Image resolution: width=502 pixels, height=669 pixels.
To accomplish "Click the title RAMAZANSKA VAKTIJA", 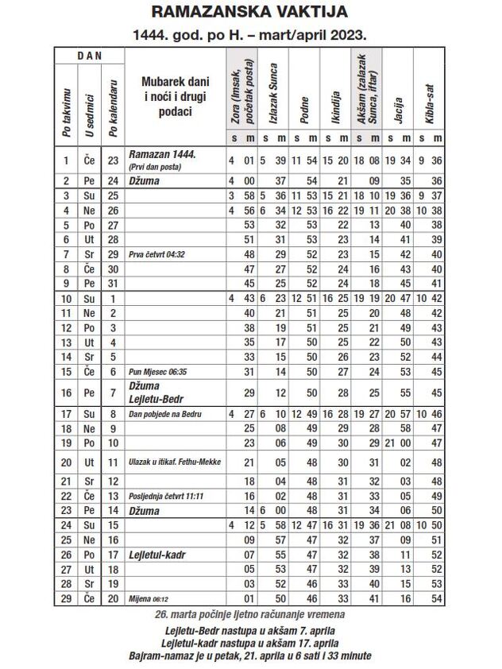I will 250,13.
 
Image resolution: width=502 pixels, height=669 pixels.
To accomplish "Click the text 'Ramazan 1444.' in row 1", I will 162,155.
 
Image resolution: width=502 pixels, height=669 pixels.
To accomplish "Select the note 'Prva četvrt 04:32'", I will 156,254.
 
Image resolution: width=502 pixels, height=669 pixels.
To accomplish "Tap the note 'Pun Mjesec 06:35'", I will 156,371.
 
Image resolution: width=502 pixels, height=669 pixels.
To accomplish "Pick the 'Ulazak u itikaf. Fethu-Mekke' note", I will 174,462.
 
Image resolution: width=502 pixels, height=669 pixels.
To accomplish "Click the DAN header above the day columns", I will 89,56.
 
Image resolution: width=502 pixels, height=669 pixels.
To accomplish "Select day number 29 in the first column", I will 66,597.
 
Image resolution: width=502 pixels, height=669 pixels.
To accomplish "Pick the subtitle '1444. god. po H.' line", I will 250,35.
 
